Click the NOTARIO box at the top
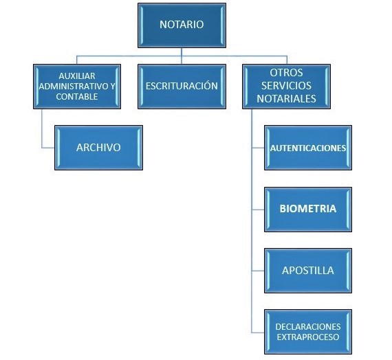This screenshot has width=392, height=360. coord(182,25)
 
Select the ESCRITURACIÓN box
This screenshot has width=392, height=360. coord(182,87)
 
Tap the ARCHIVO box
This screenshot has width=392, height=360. coord(98,148)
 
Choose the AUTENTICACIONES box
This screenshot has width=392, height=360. coord(308,148)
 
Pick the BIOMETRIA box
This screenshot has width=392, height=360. coord(308,210)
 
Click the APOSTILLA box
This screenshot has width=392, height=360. coord(308,271)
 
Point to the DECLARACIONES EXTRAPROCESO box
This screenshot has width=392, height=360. coord(308,332)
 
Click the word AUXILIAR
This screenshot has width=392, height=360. coord(77,76)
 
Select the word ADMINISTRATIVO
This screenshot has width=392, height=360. coord(74,86)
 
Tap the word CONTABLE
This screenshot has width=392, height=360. coord(77,96)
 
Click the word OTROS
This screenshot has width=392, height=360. coord(286,73)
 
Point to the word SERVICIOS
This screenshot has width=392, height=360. coord(286,86)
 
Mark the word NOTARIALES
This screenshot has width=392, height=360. coord(286,99)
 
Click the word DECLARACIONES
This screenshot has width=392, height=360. coord(308,326)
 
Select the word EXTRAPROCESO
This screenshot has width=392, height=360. coord(308,337)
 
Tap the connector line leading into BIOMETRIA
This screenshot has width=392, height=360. coord(258,210)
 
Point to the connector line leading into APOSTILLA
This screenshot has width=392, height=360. coord(258,271)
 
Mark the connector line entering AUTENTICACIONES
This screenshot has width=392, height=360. coord(258,148)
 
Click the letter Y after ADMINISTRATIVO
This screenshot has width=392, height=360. coord(113,86)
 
